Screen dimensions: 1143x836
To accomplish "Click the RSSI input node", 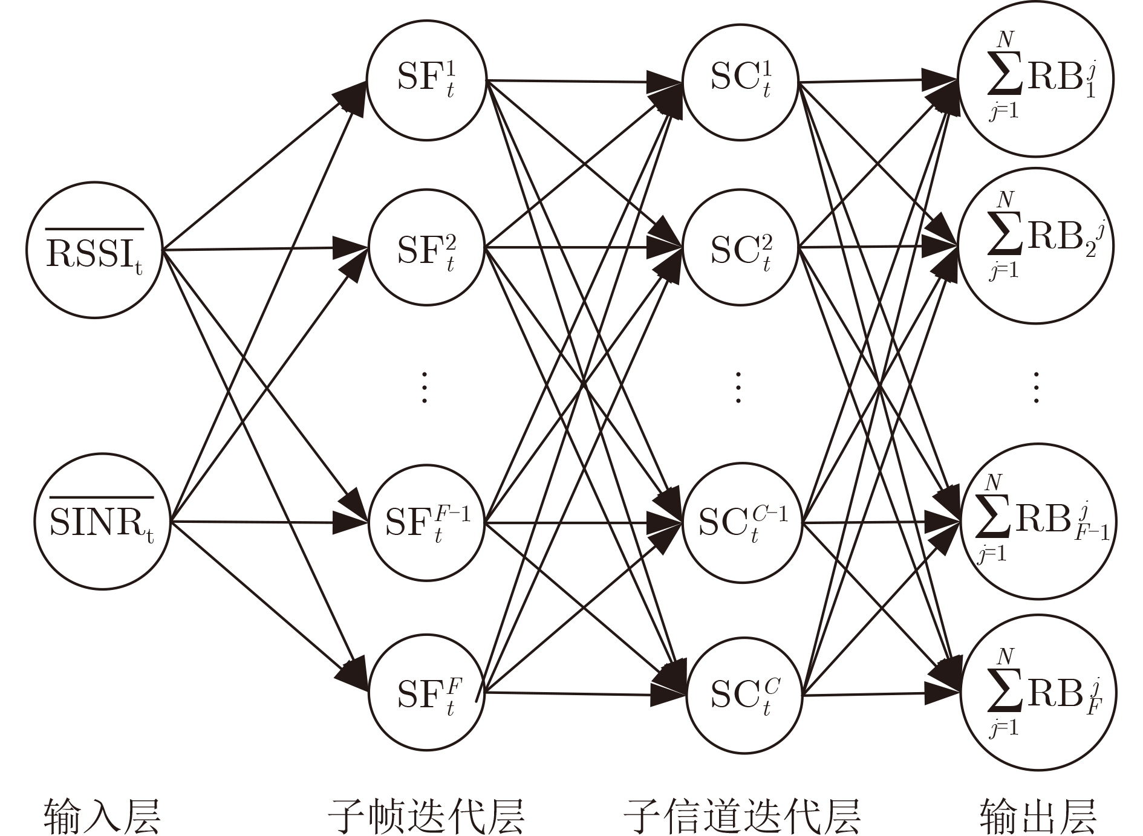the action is [94, 250].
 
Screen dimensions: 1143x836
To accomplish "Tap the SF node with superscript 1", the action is [426, 80].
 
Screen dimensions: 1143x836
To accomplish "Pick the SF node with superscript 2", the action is [426, 248].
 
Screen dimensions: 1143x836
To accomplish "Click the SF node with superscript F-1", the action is [428, 523].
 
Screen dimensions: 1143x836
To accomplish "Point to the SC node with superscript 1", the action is [741, 82].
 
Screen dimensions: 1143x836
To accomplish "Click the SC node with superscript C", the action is [744, 694].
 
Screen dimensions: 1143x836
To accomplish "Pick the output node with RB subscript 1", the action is [1037, 79].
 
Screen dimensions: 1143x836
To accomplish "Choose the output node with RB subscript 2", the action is [1037, 246].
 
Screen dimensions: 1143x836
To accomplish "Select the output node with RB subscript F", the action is [1038, 692].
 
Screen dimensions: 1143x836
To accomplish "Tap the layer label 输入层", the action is [102, 815].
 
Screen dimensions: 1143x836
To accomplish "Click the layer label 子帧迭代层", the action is [426, 815].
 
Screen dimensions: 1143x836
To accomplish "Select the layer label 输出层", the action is [1038, 815].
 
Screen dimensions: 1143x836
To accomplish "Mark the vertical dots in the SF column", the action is [425, 387].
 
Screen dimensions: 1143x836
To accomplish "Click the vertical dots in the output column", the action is [1037, 387].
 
